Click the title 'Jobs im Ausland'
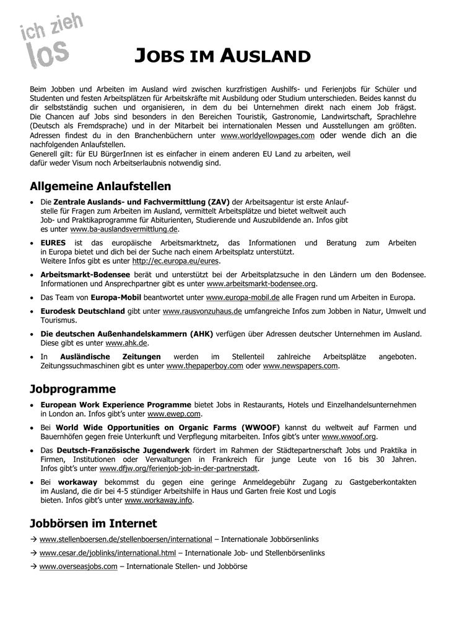point(222,56)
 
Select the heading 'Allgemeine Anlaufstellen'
point(100,186)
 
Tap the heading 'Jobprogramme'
point(73,389)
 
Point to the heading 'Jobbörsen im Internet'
point(94,523)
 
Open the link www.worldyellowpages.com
point(268,136)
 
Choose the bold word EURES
point(53,243)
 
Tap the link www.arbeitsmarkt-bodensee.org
point(261,284)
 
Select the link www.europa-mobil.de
point(243,298)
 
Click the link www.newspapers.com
point(301,366)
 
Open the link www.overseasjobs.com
point(78,567)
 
